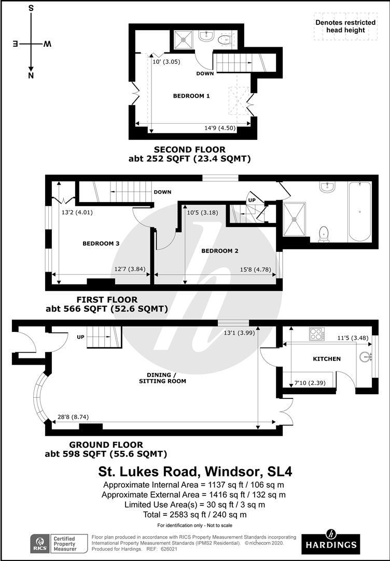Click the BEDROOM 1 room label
(191, 96)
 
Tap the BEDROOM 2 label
(220, 251)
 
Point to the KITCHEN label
(327, 359)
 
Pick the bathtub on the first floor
(359, 211)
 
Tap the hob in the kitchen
(317, 333)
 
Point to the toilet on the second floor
(226, 39)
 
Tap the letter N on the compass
(31, 76)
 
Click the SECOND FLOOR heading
(189, 150)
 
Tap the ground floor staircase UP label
(80, 337)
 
